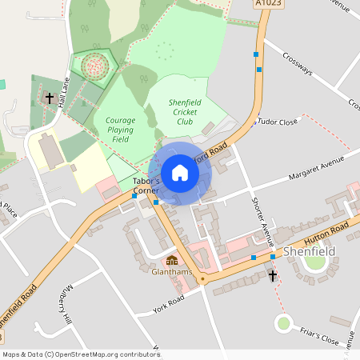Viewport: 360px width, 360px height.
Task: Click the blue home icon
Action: pyautogui.click(x=180, y=173)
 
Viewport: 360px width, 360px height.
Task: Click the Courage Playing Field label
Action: pyautogui.click(x=120, y=130)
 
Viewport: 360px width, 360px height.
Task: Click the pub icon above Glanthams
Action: pyautogui.click(x=171, y=261)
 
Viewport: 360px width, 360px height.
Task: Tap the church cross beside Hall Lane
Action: pyautogui.click(x=50, y=98)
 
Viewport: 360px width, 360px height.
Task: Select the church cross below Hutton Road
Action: pyautogui.click(x=273, y=275)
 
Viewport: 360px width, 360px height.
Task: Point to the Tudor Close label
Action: pyautogui.click(x=277, y=122)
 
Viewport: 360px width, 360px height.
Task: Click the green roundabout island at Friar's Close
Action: pyautogui.click(x=283, y=324)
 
